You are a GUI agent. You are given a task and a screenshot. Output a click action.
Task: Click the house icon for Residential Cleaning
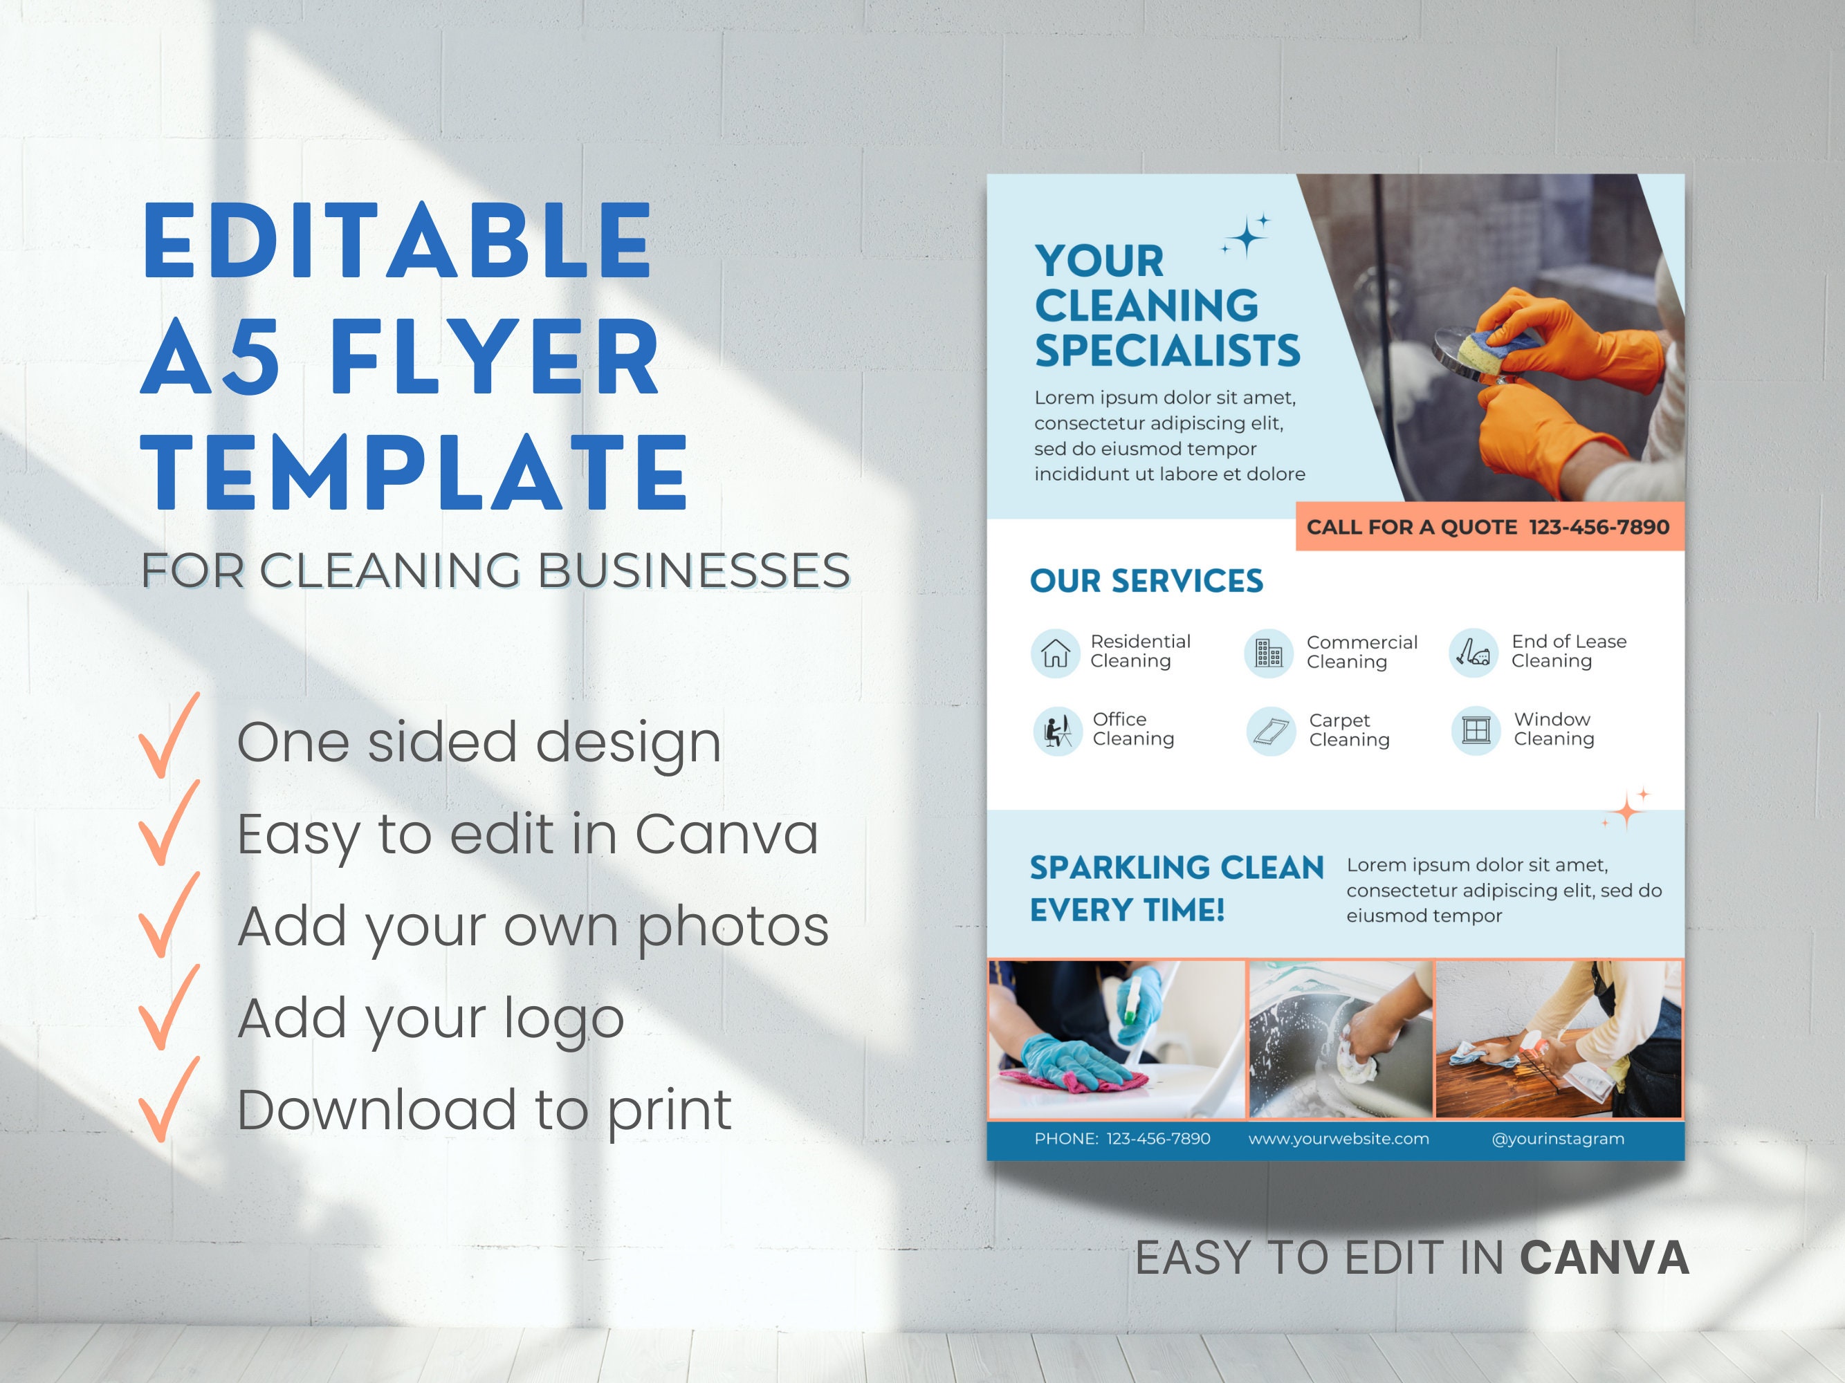point(1055,653)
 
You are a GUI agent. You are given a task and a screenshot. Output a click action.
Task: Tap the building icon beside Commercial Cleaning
point(1269,653)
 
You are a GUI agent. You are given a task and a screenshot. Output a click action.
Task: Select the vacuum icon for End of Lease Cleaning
point(1474,653)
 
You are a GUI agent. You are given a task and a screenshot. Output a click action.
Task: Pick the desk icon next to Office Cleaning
point(1058,731)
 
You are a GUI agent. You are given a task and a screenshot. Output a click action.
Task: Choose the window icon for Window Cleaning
point(1476,731)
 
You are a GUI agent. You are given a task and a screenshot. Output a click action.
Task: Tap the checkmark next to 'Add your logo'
point(169,1009)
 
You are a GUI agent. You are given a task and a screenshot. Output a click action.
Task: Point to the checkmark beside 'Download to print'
point(169,1100)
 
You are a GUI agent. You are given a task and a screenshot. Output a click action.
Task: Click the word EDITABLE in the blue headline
point(397,242)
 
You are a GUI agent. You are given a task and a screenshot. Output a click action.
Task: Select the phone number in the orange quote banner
point(1599,527)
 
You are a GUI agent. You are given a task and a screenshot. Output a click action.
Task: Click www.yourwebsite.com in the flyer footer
point(1338,1139)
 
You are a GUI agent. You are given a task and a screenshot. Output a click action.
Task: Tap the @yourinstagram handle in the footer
point(1557,1139)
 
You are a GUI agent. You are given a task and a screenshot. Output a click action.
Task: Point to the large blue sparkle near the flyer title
point(1247,238)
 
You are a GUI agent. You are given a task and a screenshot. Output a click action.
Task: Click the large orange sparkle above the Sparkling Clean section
point(1626,810)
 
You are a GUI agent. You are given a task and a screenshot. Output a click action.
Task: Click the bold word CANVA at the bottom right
point(1604,1258)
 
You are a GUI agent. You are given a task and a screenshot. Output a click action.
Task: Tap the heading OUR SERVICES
point(1146,581)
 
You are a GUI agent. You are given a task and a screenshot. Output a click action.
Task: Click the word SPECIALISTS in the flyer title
point(1167,351)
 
